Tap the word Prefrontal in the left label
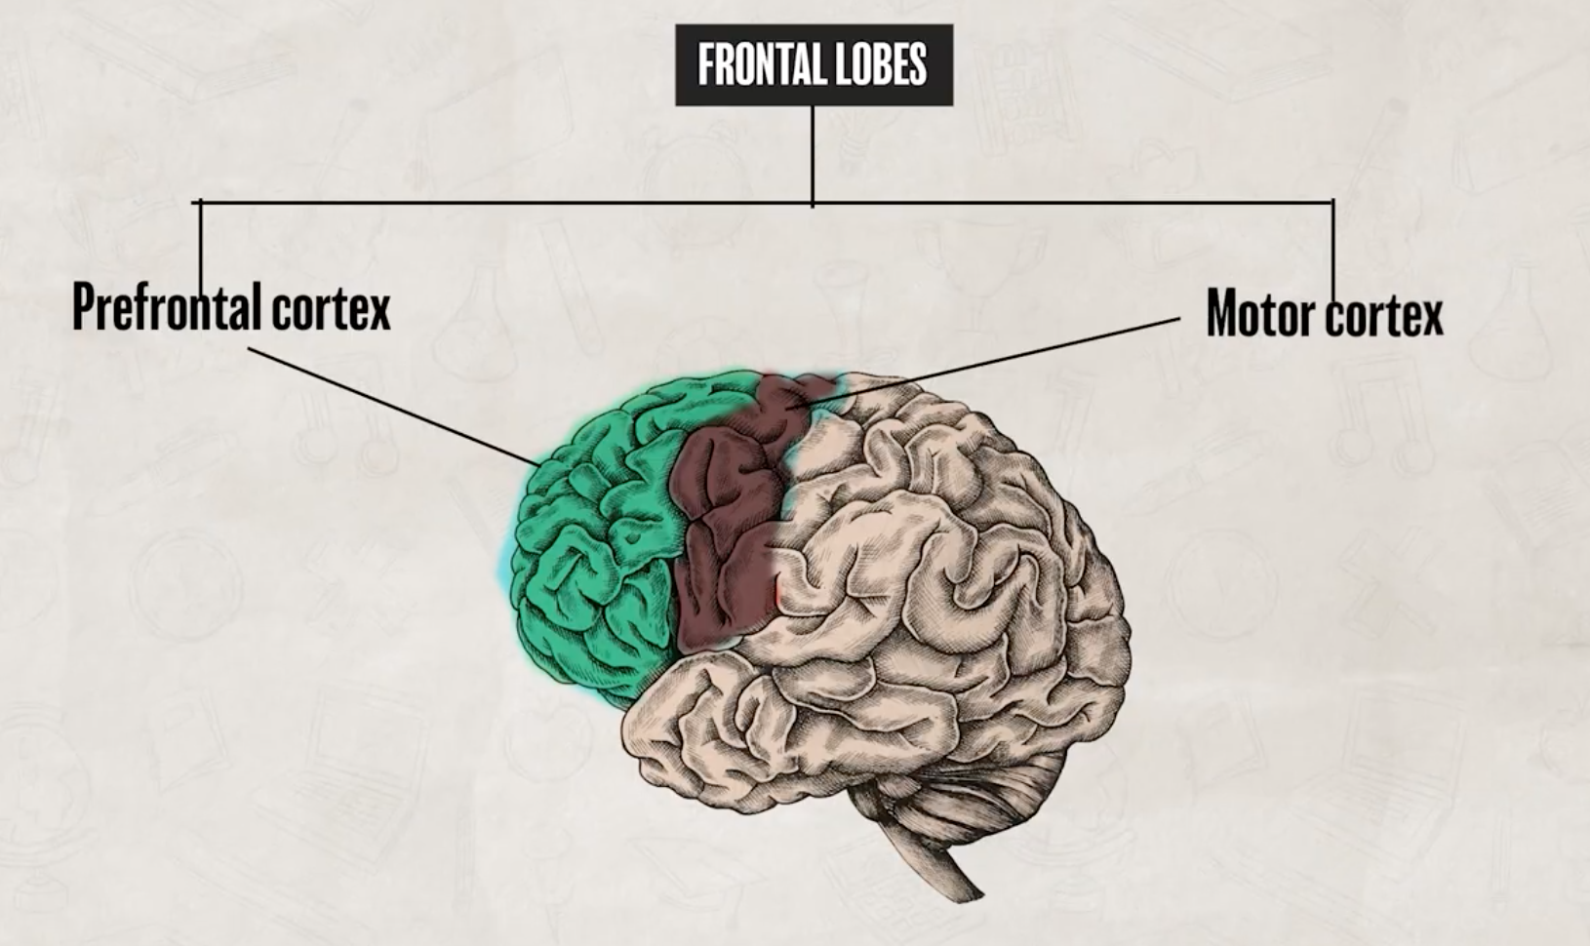pos(167,307)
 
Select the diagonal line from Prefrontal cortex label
pos(390,404)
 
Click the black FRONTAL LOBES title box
pos(813,65)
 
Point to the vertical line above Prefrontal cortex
pos(201,244)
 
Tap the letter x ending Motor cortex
pos(1430,317)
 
